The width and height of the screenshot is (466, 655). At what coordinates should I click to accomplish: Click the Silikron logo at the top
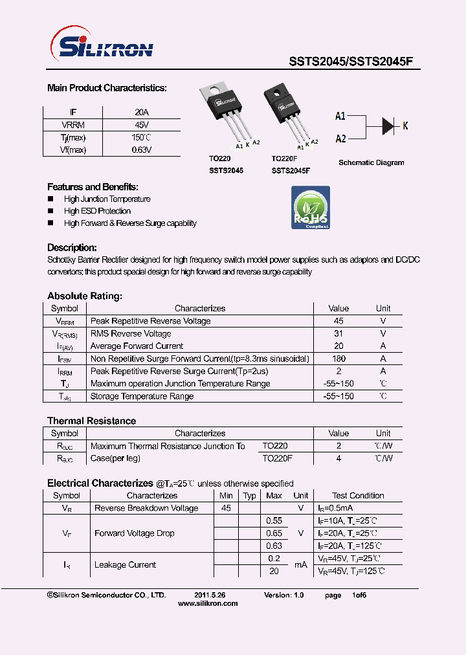tap(102, 47)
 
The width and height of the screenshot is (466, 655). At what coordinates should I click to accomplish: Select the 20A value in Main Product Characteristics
tap(141, 112)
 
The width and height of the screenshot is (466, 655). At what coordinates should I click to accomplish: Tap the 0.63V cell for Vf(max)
tap(141, 150)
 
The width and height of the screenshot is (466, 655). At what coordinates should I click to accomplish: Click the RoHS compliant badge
tap(311, 207)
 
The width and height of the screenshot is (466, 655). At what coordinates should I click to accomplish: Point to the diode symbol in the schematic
tap(388, 125)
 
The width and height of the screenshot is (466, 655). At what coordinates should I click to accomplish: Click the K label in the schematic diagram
tap(406, 126)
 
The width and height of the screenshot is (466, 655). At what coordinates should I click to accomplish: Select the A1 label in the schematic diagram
tap(340, 116)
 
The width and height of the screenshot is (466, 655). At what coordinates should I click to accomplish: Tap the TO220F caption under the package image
tap(285, 159)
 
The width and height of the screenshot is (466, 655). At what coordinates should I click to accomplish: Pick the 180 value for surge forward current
tap(338, 359)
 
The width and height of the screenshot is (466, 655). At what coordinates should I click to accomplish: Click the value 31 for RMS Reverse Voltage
tap(338, 334)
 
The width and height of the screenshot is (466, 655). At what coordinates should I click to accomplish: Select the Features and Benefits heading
tap(93, 187)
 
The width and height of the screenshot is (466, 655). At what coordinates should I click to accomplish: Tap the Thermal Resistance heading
tap(92, 421)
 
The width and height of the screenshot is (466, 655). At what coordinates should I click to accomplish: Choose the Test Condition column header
tap(358, 496)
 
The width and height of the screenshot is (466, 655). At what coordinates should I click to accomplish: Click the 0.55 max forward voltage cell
tap(274, 520)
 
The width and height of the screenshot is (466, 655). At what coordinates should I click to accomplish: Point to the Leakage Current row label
tap(125, 565)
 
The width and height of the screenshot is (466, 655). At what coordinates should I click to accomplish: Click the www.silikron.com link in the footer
tap(208, 603)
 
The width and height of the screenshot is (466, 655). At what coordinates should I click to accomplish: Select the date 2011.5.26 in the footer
tap(210, 594)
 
